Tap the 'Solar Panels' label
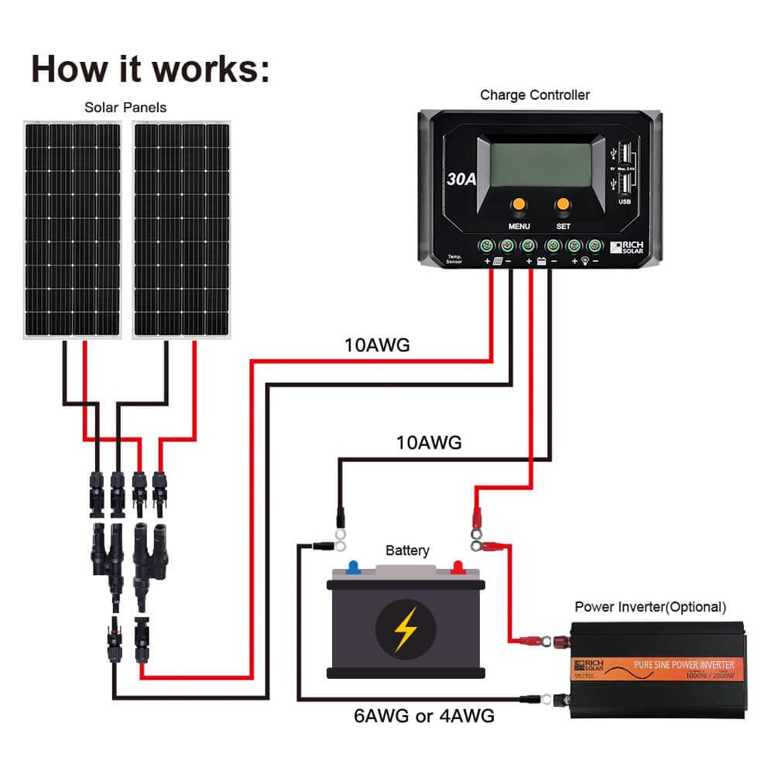(x=125, y=107)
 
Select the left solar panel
(x=73, y=229)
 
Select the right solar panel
(x=182, y=229)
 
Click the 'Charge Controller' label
(x=535, y=95)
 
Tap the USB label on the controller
(x=623, y=203)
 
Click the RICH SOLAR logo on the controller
(x=627, y=247)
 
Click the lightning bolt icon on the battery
(x=404, y=628)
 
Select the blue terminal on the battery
(x=354, y=567)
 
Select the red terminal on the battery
(x=457, y=567)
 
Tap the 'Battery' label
(x=407, y=551)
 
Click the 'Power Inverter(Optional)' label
(x=650, y=607)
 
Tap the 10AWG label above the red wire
(x=377, y=345)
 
